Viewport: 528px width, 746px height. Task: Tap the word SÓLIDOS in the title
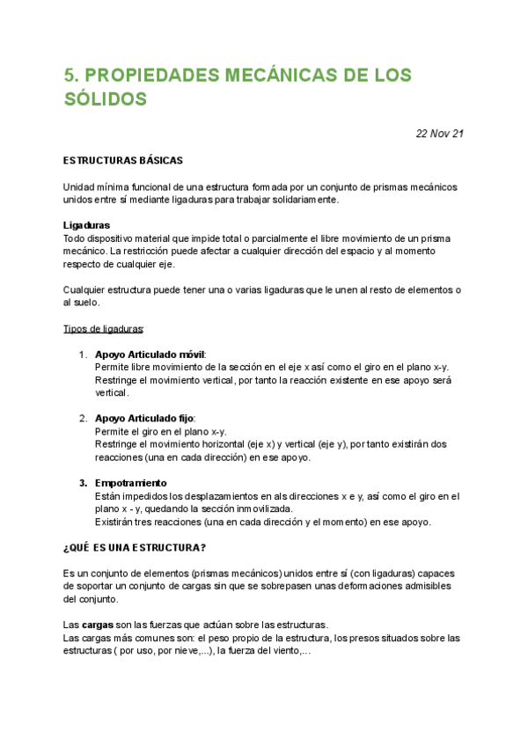pos(105,100)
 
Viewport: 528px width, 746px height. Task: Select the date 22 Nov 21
pos(439,134)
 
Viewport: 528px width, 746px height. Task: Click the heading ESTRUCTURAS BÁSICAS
pos(123,161)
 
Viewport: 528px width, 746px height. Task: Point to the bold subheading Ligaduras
pos(86,225)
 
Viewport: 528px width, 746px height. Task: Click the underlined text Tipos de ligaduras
pos(103,329)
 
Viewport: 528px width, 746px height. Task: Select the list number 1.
pos(83,355)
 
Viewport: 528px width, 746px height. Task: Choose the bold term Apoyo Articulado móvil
pos(150,355)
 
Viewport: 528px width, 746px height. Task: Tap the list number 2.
pos(83,419)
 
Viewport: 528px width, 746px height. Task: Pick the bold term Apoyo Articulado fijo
pos(144,419)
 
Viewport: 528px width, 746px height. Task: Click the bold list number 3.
pos(83,483)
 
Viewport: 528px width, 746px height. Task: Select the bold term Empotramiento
pos(131,483)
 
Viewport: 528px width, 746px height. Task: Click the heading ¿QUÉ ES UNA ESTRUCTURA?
pos(135,547)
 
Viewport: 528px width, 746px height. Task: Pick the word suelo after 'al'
pos(87,303)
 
